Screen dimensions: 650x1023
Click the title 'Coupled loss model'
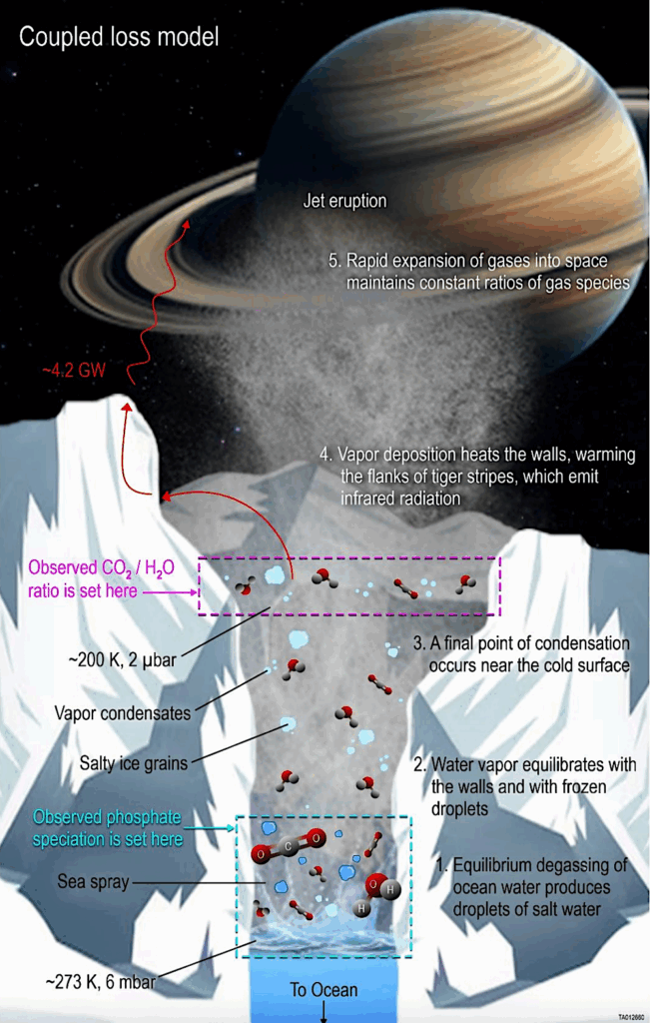119,37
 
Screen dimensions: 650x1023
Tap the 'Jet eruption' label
344,200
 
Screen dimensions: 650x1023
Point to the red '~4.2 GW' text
74,371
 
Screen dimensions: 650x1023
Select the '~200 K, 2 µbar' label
123,659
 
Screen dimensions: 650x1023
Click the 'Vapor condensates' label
123,713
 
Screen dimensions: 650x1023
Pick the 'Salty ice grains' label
134,762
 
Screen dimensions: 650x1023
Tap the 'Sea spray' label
93,882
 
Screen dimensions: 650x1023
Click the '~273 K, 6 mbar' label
101,981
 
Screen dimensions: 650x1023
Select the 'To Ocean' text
324,990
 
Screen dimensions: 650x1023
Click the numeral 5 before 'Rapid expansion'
334,261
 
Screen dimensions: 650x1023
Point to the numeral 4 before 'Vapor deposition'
325,455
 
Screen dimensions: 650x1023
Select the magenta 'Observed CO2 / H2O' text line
101,567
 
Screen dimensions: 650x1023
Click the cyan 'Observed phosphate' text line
107,817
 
